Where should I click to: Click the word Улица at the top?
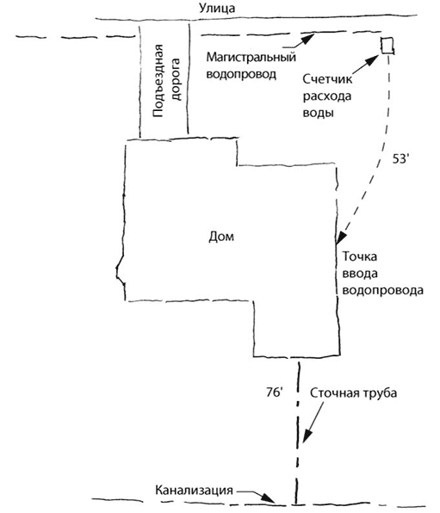pos(217,9)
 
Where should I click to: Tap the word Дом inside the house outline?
pos(221,236)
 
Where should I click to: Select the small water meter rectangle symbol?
pos(387,45)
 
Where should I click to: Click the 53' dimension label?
pos(400,158)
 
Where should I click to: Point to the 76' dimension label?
pos(274,392)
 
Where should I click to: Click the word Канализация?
pos(194,490)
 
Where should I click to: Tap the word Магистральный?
pos(251,57)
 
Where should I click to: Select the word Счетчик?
pos(327,79)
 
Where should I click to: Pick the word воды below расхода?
pos(319,113)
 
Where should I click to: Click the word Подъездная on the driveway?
pos(158,81)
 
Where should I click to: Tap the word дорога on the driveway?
pos(176,79)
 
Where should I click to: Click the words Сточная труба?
pos(353,392)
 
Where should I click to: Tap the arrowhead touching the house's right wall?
pos(341,238)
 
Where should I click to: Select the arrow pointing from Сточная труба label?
pos(313,423)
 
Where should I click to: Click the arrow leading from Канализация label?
pos(256,495)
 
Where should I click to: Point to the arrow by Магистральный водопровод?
pos(298,41)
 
